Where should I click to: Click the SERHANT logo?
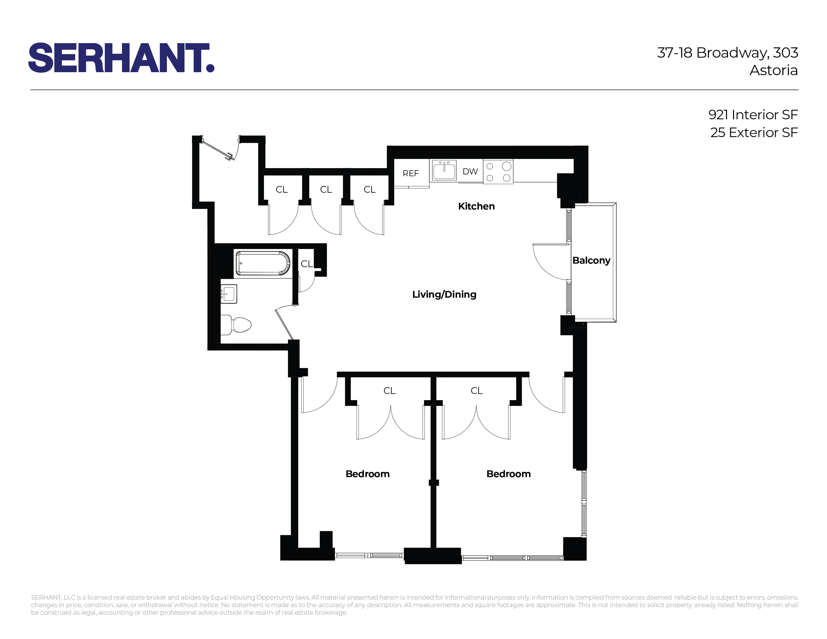tap(121, 58)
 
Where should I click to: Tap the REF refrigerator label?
tap(410, 173)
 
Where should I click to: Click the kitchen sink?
tap(444, 171)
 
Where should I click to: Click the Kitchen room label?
tap(476, 206)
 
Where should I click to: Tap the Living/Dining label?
tap(444, 294)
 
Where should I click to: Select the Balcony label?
tap(591, 260)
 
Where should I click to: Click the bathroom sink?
tap(229, 294)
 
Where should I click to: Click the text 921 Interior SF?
tap(753, 115)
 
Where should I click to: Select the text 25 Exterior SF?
tap(754, 133)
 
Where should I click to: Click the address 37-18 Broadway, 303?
tap(727, 53)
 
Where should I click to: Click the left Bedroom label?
tap(367, 474)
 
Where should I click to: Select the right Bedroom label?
tap(508, 474)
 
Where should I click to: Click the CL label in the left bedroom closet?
tap(389, 391)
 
